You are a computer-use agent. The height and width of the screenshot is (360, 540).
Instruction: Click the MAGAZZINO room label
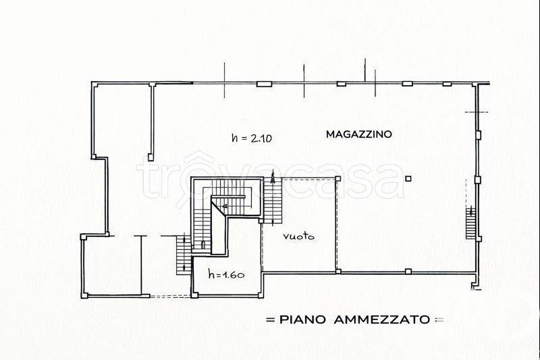click(358, 134)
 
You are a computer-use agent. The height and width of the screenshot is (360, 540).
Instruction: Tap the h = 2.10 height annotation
click(250, 138)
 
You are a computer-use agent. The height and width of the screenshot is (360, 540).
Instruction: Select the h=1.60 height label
click(225, 274)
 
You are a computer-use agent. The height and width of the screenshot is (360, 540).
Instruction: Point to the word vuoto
click(300, 237)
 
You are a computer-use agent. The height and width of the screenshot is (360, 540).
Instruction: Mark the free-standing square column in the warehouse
click(408, 178)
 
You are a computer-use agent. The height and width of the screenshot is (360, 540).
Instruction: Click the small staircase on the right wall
click(470, 223)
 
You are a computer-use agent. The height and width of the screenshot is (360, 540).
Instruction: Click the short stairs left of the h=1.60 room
click(182, 255)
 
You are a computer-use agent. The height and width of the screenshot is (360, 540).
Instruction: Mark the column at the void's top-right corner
click(337, 178)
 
